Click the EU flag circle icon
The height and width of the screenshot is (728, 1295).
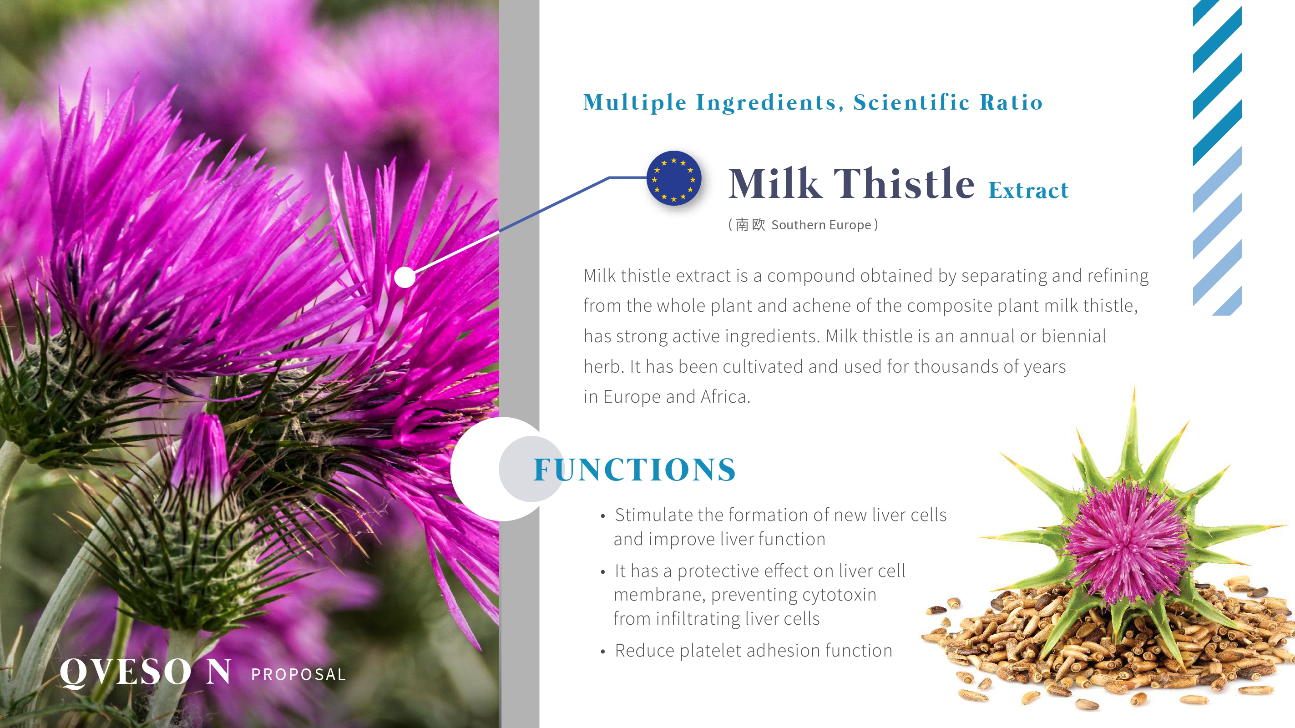tap(673, 178)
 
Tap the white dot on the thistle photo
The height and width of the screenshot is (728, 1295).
tap(405, 277)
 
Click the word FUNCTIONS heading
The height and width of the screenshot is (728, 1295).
tap(634, 470)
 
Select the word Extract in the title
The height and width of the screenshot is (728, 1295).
tap(1028, 191)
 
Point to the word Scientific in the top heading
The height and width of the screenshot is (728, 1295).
tap(911, 102)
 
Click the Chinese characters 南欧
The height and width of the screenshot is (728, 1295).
tap(750, 225)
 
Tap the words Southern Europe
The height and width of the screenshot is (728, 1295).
tap(821, 225)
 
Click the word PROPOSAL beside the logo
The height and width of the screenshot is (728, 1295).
tap(298, 674)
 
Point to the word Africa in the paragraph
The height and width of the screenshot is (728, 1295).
tap(725, 397)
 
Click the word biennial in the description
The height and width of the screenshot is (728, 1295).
tap(1074, 336)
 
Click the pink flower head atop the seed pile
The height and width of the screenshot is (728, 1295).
tap(1126, 541)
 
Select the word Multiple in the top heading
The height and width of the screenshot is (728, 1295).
tap(634, 102)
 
